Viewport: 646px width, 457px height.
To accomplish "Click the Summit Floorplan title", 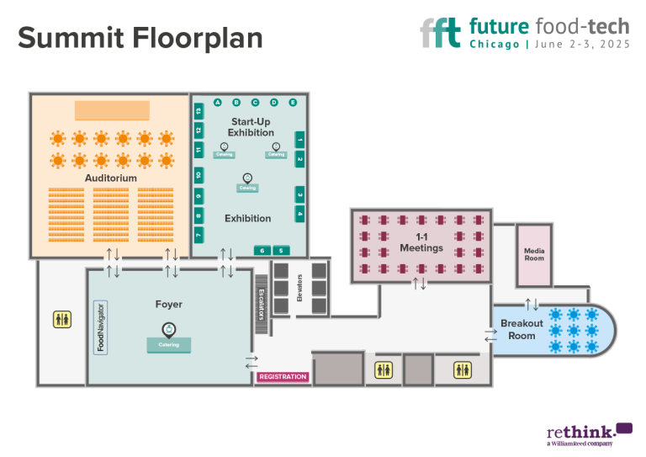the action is tap(140, 37).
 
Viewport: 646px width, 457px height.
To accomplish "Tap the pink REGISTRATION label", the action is tap(283, 376).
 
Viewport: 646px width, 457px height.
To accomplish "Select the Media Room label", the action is tap(534, 254).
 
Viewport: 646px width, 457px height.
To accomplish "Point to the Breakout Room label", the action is tap(522, 329).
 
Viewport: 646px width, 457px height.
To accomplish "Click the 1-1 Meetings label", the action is tap(421, 242).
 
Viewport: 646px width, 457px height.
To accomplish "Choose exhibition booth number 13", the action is tap(199, 111).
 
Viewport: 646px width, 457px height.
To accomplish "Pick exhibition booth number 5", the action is tap(281, 250).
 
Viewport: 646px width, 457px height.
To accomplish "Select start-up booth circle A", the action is tap(217, 103).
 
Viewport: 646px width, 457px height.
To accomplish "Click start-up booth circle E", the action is tap(293, 103).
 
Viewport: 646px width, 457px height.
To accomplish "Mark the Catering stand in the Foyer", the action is tap(169, 344).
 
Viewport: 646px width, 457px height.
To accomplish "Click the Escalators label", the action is tap(262, 300).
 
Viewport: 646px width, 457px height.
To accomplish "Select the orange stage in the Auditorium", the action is tap(112, 110).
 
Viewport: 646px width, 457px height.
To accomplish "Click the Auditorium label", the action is tap(111, 178).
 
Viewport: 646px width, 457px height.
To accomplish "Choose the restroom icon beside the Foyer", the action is tap(63, 319).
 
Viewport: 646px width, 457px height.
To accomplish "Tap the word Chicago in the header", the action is tap(494, 45).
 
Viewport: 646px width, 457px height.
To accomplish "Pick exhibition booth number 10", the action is tap(199, 175).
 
